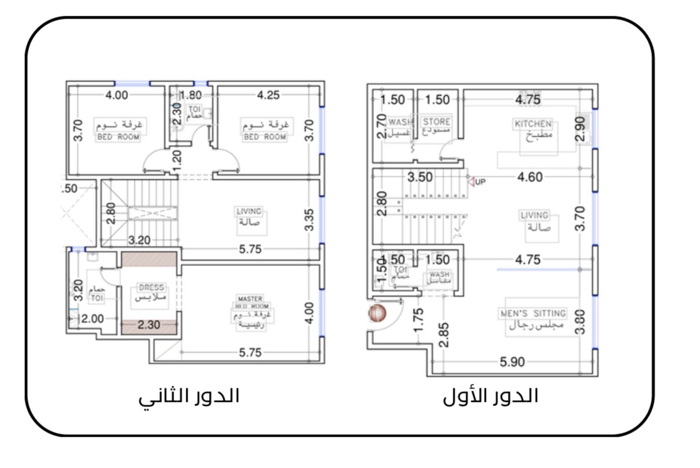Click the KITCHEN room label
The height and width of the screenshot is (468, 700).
[533, 124]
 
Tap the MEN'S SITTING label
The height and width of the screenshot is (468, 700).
[533, 314]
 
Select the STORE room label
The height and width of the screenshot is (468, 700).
[436, 122]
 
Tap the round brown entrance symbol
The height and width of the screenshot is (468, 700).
[377, 314]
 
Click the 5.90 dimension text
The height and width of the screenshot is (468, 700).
[512, 362]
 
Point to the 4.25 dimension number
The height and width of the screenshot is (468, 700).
[268, 95]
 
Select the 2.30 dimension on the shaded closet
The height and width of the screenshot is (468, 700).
[149, 326]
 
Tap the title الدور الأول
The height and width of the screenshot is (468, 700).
[490, 396]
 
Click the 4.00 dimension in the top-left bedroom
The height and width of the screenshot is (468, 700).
[116, 95]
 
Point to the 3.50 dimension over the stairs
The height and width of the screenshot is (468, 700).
[420, 177]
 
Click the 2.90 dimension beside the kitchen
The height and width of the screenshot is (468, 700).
[579, 129]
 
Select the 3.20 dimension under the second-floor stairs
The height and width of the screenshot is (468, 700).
[140, 239]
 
